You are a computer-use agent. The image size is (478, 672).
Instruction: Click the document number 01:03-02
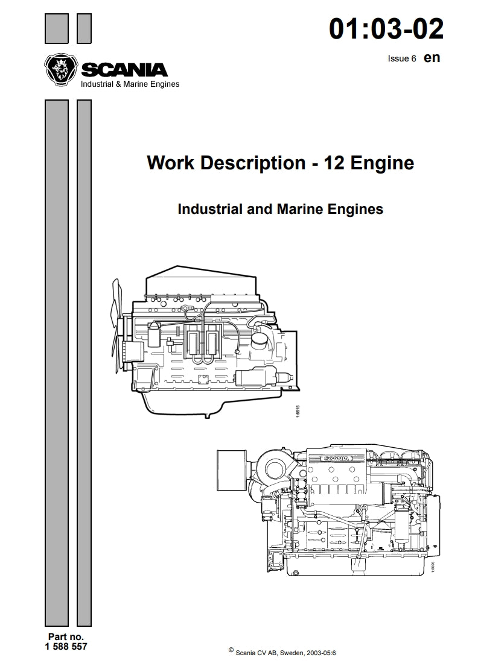(x=386, y=28)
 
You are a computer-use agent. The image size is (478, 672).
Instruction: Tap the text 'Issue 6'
(x=402, y=59)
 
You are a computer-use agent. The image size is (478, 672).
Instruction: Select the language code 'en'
(x=432, y=58)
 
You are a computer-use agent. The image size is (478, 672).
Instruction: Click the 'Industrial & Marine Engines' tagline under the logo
(x=130, y=84)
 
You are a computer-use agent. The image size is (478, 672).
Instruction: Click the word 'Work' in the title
(x=169, y=163)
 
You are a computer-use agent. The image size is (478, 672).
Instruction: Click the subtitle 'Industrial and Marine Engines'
(x=280, y=209)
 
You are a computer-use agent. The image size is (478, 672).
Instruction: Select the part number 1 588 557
(x=66, y=647)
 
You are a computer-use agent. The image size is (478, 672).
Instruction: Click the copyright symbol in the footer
(x=231, y=650)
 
